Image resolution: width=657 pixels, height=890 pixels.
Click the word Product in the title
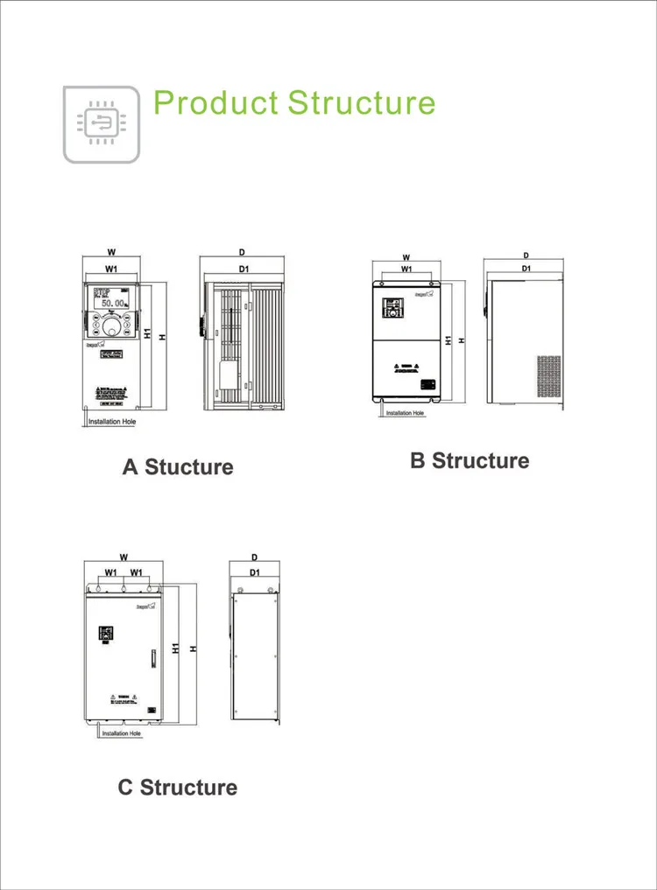point(215,102)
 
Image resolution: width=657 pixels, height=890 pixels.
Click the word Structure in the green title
point(362,102)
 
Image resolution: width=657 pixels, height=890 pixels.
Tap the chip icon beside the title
point(102,124)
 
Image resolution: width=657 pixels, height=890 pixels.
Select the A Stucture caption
point(178,466)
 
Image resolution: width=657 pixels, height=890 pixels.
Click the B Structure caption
point(470,460)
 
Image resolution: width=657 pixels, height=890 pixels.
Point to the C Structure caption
point(178,787)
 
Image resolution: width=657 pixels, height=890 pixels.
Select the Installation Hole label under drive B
point(405,413)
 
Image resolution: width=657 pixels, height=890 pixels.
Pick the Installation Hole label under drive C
point(122,733)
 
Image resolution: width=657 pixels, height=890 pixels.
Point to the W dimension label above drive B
point(406,256)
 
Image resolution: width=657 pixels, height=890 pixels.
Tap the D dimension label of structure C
point(254,557)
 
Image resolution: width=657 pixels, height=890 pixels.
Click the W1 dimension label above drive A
point(112,268)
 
